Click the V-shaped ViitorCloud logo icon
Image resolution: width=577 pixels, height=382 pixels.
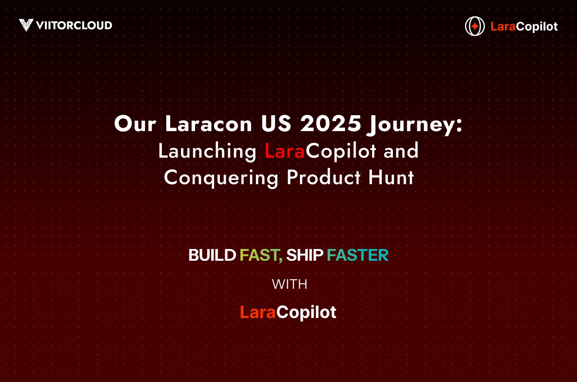point(26,25)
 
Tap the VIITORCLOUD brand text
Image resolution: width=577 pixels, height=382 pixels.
point(74,25)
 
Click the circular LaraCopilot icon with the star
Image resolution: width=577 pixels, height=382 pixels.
point(475,26)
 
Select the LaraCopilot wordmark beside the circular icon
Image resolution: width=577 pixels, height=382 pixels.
point(524,27)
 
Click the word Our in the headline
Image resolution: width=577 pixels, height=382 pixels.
point(135,124)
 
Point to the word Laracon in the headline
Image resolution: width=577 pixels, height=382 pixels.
point(208,124)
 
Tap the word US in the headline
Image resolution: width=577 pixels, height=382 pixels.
point(276,124)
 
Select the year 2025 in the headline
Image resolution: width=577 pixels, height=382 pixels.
point(330,124)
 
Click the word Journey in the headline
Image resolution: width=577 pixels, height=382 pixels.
point(412,124)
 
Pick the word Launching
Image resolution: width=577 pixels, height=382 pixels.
point(207,151)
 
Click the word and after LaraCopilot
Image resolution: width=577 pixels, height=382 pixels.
point(401,151)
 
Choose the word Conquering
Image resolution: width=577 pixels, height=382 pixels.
point(221,178)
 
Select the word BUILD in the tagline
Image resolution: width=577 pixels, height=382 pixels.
point(212,255)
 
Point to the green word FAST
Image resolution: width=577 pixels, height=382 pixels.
point(260,255)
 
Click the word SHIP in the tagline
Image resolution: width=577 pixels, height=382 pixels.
point(304,255)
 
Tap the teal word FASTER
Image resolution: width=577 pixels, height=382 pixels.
point(358,255)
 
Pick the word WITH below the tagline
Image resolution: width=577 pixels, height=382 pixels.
point(289,284)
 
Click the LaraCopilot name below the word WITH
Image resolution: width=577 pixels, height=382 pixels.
point(288,312)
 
